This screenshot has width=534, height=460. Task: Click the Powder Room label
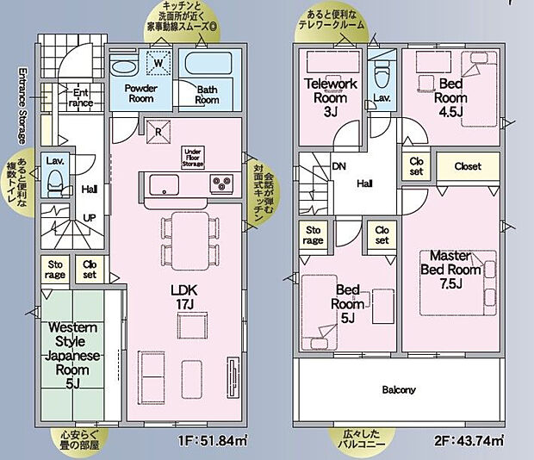[139, 94]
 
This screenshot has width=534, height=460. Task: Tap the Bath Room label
[207, 94]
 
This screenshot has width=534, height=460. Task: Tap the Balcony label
[399, 390]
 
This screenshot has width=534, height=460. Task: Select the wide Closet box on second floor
[467, 166]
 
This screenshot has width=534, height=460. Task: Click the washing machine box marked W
[159, 63]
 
